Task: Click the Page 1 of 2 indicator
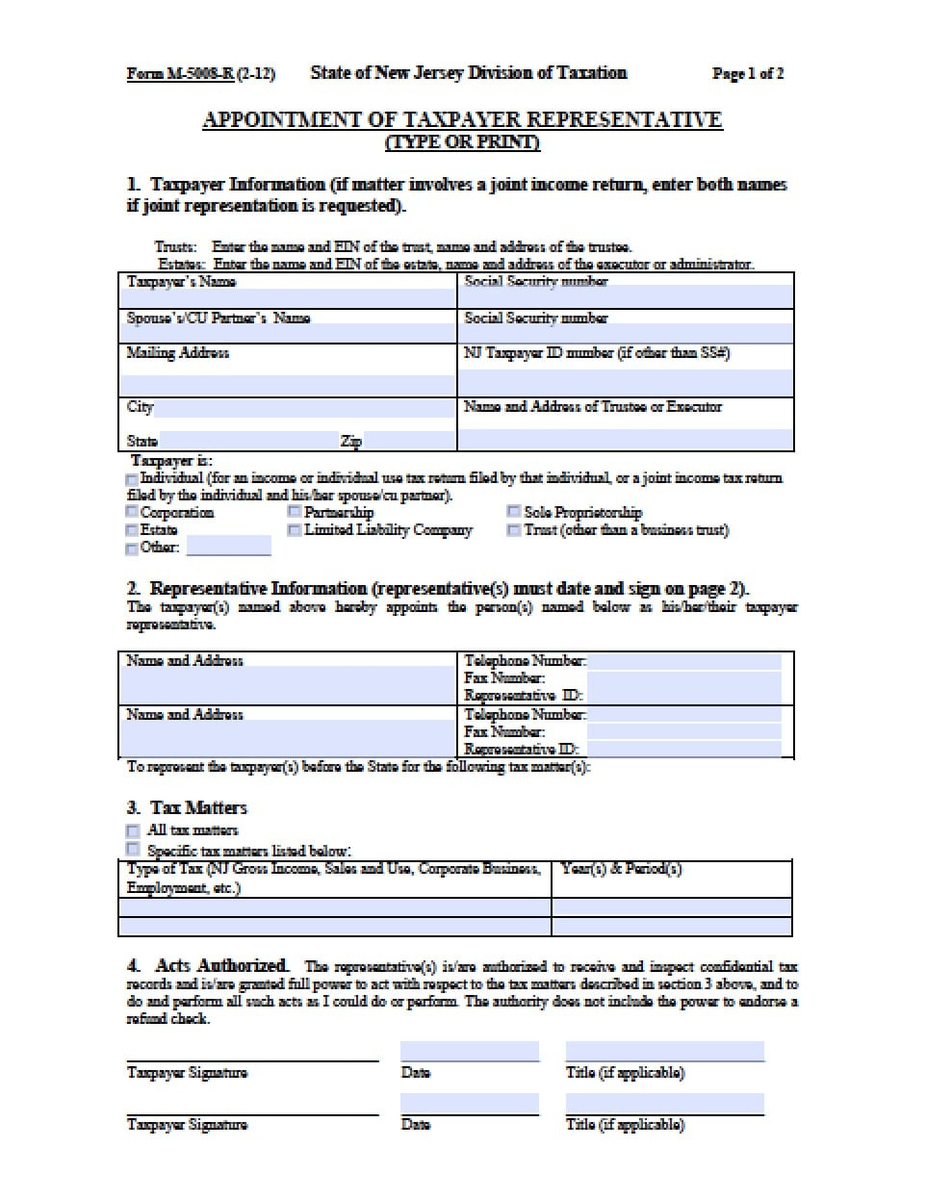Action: coord(747,73)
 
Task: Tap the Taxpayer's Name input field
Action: coord(287,297)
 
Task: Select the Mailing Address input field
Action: coord(287,383)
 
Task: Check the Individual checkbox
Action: coord(132,479)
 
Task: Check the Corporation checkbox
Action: coord(132,513)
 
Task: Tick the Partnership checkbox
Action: coord(295,513)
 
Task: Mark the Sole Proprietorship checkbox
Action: coord(514,513)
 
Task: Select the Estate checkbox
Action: coord(132,530)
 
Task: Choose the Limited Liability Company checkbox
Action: coord(295,530)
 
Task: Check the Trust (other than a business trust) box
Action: coord(514,530)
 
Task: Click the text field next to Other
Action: coord(228,548)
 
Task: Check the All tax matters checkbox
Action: coord(133,830)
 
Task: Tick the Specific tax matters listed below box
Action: coord(133,850)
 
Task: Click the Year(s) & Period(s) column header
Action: coord(621,869)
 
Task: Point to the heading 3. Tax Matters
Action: coord(187,807)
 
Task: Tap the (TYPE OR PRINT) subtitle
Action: coord(462,142)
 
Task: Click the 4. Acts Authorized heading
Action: coord(207,965)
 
